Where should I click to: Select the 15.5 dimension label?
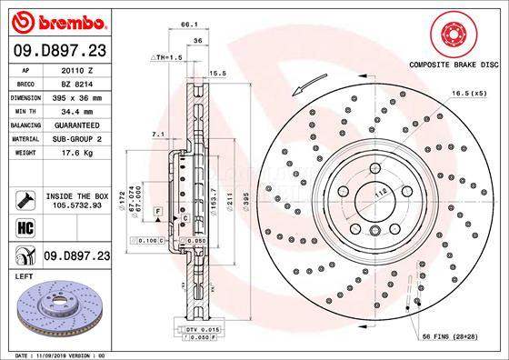218,72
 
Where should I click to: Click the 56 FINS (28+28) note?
461,336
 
